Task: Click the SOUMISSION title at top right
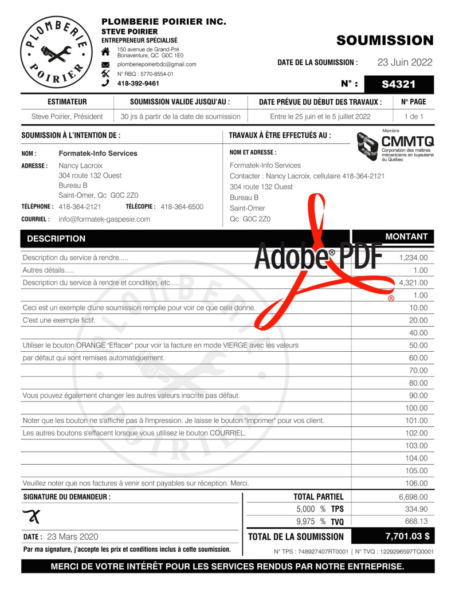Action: point(385,40)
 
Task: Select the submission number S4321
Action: point(398,84)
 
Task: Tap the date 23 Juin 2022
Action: point(405,62)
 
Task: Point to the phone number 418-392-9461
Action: point(138,83)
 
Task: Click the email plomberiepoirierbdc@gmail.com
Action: point(156,65)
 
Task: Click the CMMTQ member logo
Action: point(395,147)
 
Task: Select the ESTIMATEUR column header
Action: point(67,102)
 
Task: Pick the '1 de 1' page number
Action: point(413,116)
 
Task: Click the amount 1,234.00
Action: point(413,258)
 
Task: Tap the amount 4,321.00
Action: point(413,282)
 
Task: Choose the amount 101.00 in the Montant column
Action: point(416,421)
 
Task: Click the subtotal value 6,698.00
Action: point(413,497)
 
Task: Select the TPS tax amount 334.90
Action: point(416,509)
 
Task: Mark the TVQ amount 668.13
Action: point(416,521)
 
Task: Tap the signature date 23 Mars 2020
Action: point(72,537)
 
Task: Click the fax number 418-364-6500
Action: point(182,206)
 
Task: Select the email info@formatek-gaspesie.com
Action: point(104,219)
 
